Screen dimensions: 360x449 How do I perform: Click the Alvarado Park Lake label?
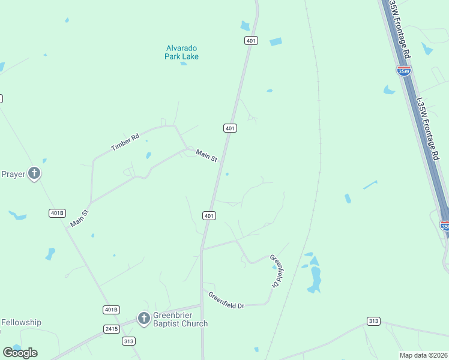(x=181, y=52)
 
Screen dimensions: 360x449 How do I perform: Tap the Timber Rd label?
(x=125, y=142)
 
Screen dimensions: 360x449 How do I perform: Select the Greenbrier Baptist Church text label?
(x=179, y=319)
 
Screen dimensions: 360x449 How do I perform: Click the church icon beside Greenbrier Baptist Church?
(x=143, y=318)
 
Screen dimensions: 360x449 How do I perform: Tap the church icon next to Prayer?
(x=34, y=174)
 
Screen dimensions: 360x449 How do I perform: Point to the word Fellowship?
(x=21, y=322)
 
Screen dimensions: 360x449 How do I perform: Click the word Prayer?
(x=13, y=174)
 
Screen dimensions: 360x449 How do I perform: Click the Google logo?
(x=20, y=352)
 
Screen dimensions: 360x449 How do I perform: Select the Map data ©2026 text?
(x=423, y=355)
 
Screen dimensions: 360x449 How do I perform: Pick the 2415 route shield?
(x=112, y=329)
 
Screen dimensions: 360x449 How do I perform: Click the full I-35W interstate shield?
(x=404, y=71)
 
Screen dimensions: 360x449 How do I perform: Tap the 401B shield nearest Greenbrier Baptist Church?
(x=111, y=310)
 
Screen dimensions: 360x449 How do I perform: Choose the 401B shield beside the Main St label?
(x=56, y=213)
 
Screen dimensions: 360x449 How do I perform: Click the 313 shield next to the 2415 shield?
(x=128, y=341)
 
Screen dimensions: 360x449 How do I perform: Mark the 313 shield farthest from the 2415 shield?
(x=373, y=322)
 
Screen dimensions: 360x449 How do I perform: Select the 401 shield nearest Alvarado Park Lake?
(x=251, y=40)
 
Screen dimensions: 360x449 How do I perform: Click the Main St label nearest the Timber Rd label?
(x=206, y=155)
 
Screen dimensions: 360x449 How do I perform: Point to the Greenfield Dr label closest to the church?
(x=226, y=300)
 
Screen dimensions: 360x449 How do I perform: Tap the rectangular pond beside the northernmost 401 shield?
(x=276, y=42)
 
